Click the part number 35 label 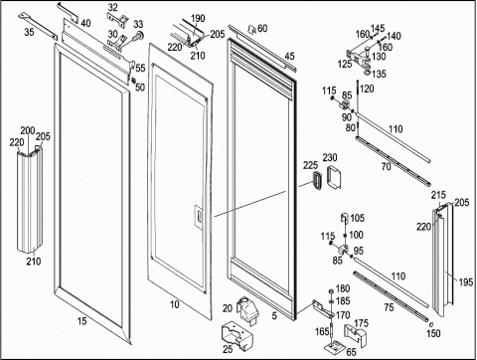point(29,33)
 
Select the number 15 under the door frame point(82,321)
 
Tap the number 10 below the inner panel point(175,304)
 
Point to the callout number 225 point(310,165)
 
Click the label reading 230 point(330,157)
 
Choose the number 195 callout point(466,282)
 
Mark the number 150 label point(433,333)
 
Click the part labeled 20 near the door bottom point(246,310)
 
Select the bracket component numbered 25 point(237,336)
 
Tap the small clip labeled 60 point(252,30)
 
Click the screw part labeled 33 point(137,36)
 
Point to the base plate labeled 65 point(334,348)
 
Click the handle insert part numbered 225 point(316,180)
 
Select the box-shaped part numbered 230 point(334,177)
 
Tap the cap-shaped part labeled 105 point(345,218)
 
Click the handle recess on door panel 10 point(198,217)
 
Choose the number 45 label point(289,57)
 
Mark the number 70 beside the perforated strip point(387,166)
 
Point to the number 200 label point(28,131)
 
